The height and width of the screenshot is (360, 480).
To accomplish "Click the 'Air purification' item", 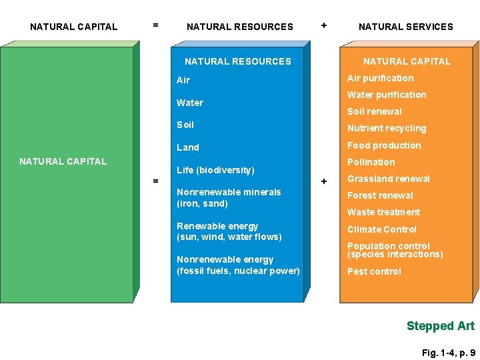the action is click(x=380, y=78).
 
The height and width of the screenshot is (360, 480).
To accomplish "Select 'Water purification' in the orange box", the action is click(x=387, y=95).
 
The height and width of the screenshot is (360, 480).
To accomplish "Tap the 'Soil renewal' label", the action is click(x=375, y=111).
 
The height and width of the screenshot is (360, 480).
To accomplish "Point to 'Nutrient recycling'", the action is click(x=387, y=128).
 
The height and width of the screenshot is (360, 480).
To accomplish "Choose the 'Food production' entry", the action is click(x=384, y=145).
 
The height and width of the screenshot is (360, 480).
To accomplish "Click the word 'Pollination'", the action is click(x=371, y=162).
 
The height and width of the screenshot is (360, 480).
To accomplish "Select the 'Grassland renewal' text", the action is click(x=389, y=179).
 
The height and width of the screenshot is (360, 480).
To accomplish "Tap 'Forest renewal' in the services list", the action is click(x=380, y=195).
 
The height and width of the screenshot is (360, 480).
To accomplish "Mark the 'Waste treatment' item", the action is click(x=383, y=212).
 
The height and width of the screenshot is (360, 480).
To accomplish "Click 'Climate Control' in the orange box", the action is click(x=382, y=229).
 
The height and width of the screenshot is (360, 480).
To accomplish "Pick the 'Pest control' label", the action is click(x=374, y=271).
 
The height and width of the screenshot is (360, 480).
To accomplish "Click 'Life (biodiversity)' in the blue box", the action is click(x=215, y=170).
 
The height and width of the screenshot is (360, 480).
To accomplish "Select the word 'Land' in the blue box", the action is click(x=188, y=147).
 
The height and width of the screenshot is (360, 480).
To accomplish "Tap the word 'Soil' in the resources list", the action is click(x=185, y=125).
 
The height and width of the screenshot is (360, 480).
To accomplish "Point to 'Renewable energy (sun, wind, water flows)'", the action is click(x=229, y=231).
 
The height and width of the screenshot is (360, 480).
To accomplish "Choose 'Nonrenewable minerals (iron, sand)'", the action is click(x=229, y=197).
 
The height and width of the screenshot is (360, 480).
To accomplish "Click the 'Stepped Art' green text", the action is click(x=441, y=326).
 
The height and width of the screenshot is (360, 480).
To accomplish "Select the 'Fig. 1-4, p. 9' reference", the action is click(x=449, y=353).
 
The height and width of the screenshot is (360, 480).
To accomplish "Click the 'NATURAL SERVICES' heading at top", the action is click(x=405, y=27).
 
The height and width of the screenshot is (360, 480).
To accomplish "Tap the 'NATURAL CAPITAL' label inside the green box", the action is click(x=63, y=161).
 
